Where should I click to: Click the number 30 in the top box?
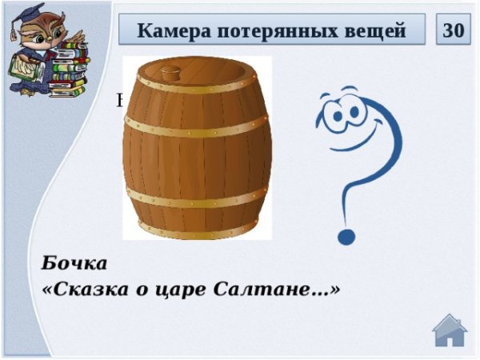453,30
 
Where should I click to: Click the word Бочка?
74,262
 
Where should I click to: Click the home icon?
450,330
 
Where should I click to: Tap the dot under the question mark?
346,236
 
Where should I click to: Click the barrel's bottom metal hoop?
197,226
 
